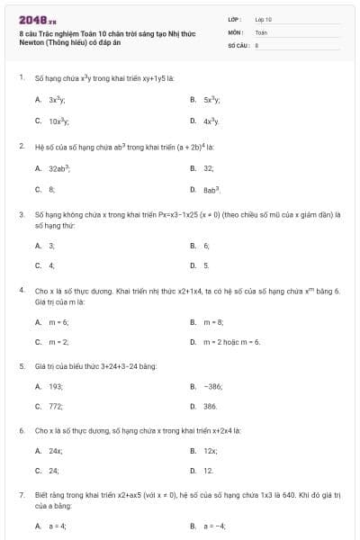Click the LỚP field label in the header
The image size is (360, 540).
[234, 19]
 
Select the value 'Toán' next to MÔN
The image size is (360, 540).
[262, 31]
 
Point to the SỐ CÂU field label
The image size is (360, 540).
[237, 43]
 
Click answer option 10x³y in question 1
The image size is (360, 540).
[59, 120]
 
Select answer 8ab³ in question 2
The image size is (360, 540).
[211, 190]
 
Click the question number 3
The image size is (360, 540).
[21, 215]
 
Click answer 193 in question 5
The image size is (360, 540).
[56, 385]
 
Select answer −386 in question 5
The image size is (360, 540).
[212, 385]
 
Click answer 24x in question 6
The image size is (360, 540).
[56, 449]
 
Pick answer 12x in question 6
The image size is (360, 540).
[211, 449]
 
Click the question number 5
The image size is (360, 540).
[21, 366]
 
